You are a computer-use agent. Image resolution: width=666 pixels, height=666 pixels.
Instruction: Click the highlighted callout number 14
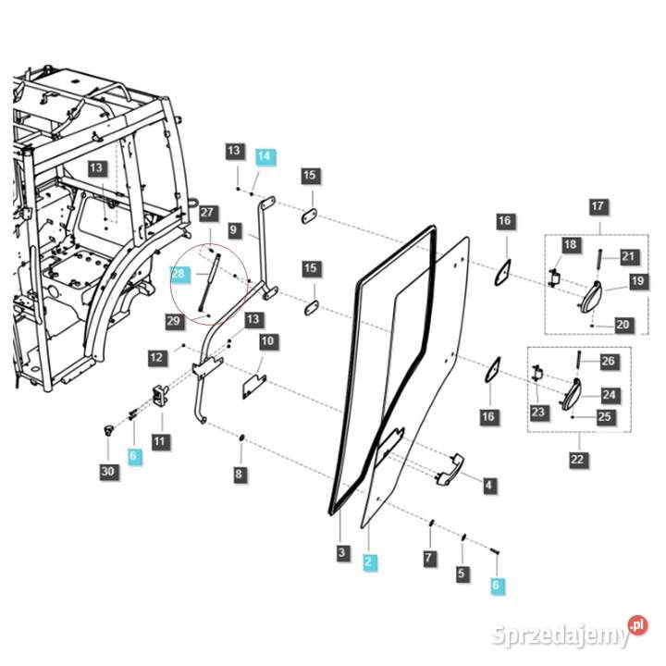tap(265, 156)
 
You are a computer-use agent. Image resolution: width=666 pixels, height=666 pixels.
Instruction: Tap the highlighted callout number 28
tap(179, 274)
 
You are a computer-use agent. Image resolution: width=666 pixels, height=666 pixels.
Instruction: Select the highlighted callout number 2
tap(370, 561)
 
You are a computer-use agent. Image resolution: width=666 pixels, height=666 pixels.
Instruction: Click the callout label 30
tap(109, 472)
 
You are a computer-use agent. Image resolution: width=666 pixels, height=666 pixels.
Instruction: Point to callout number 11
tap(160, 442)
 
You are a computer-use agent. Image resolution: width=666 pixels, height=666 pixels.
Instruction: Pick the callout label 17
tap(598, 205)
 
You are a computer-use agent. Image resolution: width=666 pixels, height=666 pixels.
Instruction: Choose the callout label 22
tap(577, 460)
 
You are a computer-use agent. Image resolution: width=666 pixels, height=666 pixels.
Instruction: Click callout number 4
tap(488, 484)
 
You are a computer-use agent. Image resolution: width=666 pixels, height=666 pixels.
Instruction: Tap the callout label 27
tap(207, 213)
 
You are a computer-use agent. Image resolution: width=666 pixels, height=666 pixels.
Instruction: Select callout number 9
tap(233, 229)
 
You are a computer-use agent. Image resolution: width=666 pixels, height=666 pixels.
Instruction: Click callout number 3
tap(341, 553)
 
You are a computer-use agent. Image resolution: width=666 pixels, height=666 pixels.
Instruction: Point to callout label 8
tap(240, 475)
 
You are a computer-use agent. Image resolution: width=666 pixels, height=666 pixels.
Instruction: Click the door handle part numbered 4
tap(450, 467)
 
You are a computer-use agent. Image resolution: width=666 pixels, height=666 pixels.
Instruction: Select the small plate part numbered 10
tap(253, 384)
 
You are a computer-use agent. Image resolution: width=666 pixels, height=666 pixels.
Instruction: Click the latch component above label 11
tap(160, 395)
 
